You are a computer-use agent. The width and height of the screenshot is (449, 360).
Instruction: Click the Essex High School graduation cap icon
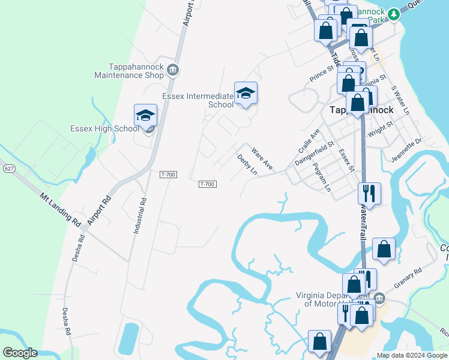145,115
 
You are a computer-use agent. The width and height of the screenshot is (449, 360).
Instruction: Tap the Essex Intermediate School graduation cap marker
246,93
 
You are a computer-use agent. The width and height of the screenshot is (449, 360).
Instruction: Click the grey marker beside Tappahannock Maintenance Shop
173,70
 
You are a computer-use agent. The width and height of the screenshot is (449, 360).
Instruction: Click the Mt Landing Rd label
61,209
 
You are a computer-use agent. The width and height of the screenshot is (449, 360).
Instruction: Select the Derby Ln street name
247,164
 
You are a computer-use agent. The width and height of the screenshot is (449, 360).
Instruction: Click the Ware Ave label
262,158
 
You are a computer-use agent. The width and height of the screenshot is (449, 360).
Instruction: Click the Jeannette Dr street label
407,148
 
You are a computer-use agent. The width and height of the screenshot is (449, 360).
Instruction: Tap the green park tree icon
393,14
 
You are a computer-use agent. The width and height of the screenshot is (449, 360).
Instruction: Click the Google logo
20,353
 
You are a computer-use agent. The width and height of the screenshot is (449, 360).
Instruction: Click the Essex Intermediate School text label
197,100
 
